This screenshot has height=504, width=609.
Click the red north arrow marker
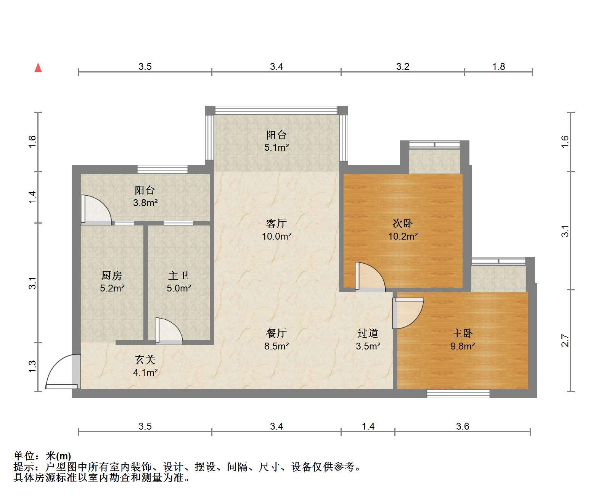click(38, 68)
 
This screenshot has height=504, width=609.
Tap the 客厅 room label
click(276, 223)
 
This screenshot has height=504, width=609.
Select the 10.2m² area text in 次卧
click(403, 236)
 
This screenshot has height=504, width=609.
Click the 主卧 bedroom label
click(462, 333)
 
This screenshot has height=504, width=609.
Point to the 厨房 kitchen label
click(112, 275)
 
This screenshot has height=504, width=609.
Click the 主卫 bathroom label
click(178, 275)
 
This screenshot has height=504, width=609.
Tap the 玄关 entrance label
click(145, 359)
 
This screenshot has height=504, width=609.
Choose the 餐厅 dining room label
click(276, 333)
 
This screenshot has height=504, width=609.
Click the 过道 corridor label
click(368, 333)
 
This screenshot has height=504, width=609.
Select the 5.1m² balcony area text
click(276, 147)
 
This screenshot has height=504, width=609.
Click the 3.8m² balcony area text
click(145, 203)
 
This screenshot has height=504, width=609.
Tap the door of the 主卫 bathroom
click(169, 331)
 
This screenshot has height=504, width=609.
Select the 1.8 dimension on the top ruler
click(498, 66)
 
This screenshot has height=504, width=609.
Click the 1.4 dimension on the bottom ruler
click(368, 427)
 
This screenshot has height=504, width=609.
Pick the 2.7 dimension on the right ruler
click(565, 341)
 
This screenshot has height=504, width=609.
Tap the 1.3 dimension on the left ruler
click(32, 367)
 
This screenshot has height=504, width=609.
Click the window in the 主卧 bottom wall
click(458, 394)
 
